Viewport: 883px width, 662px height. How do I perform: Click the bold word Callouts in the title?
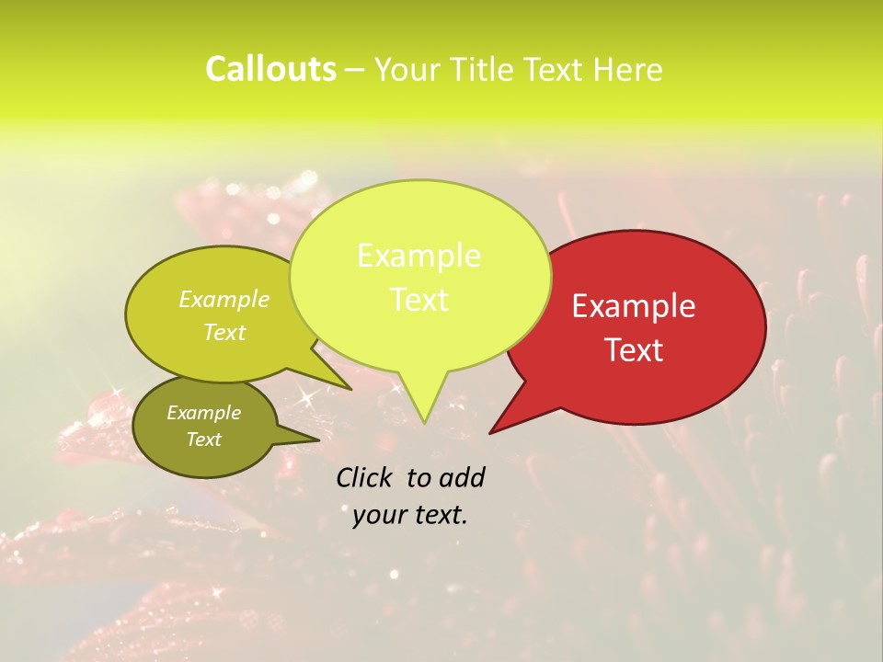(x=270, y=70)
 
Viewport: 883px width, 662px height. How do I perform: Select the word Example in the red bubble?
(x=634, y=306)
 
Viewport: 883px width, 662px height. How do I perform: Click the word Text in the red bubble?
(x=634, y=350)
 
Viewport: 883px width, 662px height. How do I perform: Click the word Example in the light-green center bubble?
(x=419, y=256)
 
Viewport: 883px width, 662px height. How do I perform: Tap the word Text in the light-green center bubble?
(x=419, y=300)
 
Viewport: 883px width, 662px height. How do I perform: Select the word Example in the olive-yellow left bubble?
(x=224, y=299)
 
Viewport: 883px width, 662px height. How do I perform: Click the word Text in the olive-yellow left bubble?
(x=224, y=332)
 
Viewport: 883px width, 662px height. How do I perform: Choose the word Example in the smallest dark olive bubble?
(x=203, y=413)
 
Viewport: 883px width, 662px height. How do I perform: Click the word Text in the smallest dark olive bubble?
(x=203, y=439)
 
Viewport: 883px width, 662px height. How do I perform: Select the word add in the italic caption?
(x=461, y=477)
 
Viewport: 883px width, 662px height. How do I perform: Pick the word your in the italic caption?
(x=379, y=515)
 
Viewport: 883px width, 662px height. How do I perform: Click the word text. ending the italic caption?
(x=440, y=515)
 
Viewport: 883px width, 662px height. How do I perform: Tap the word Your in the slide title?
(x=408, y=70)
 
